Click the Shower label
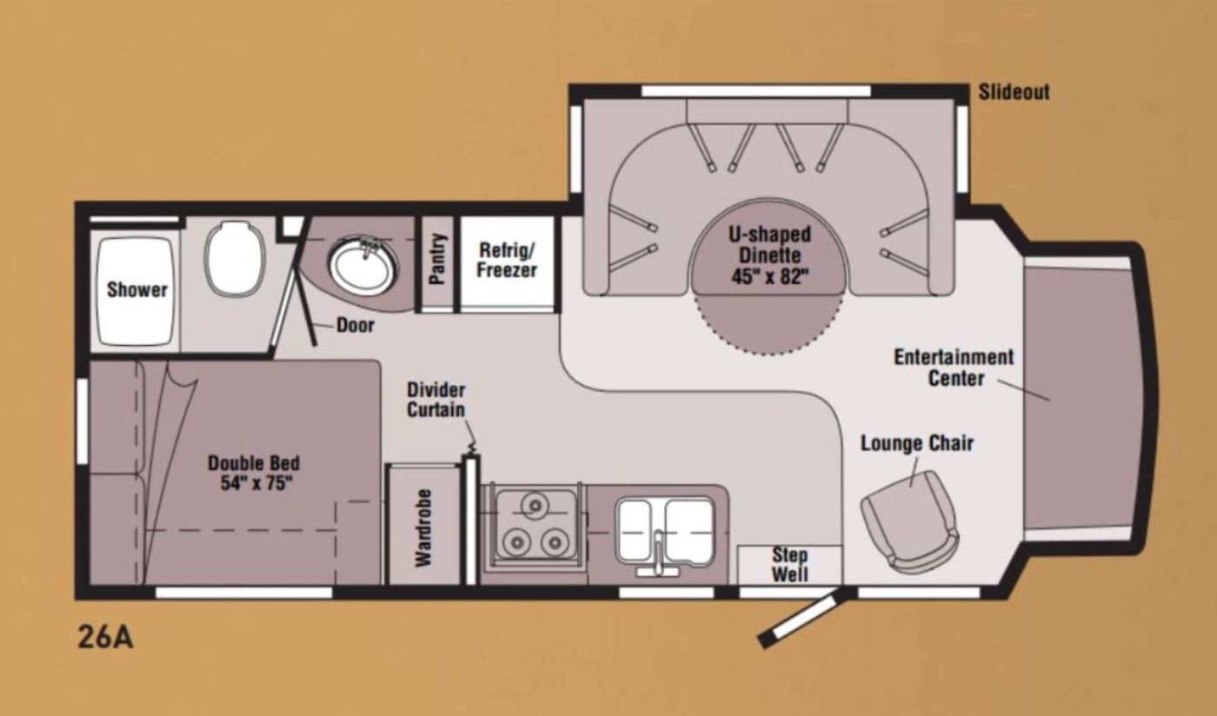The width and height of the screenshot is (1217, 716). [x=137, y=289]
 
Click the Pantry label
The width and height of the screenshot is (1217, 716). [x=436, y=259]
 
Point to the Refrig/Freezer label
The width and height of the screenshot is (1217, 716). [x=507, y=260]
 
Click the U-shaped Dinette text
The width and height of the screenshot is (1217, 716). [x=769, y=244]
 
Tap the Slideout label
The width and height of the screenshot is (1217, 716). [x=1014, y=92]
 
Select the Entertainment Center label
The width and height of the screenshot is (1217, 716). [x=954, y=368]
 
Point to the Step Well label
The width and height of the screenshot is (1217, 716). [x=790, y=565]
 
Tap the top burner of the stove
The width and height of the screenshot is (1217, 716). [x=535, y=506]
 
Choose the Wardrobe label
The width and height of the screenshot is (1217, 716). [x=424, y=528]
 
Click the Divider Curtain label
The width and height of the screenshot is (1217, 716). [x=436, y=400]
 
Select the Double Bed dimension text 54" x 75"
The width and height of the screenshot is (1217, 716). [x=254, y=483]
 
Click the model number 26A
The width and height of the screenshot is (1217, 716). [x=105, y=637]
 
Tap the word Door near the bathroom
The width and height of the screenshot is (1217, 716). [x=356, y=325]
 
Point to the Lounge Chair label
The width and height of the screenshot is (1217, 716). [x=917, y=443]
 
